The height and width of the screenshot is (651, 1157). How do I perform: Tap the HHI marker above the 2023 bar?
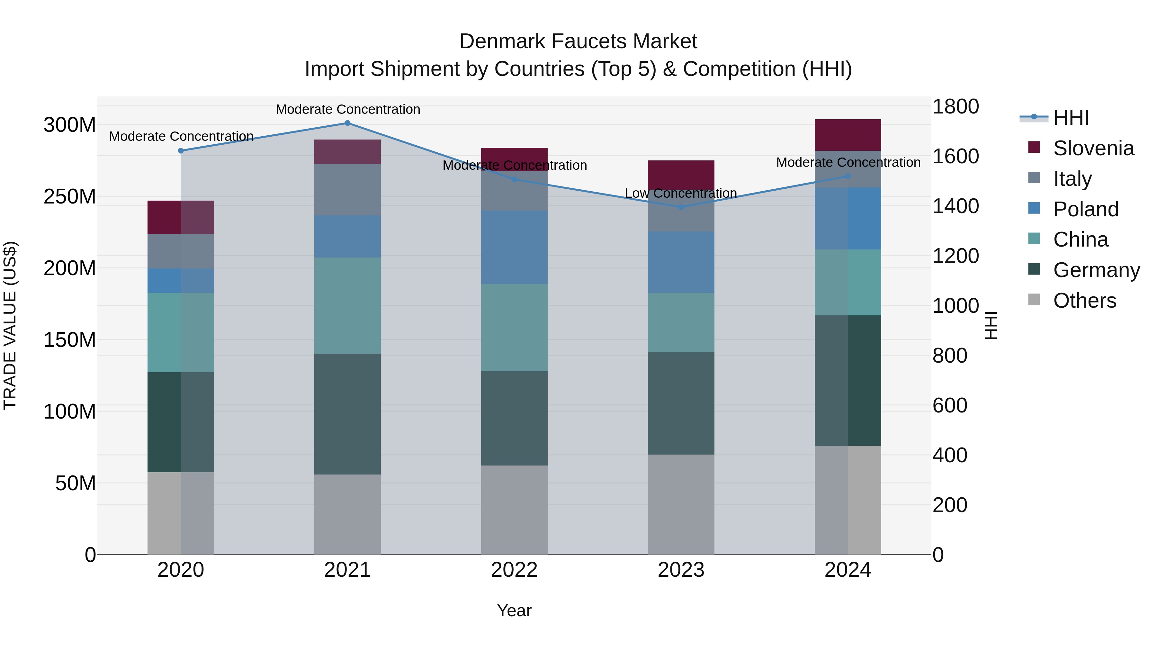(x=681, y=207)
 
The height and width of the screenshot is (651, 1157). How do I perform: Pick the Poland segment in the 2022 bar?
(x=514, y=247)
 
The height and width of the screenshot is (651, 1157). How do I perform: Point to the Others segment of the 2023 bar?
(x=681, y=504)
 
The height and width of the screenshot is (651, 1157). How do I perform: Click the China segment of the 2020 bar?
(x=181, y=332)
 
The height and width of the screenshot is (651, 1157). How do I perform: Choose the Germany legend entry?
(x=1096, y=270)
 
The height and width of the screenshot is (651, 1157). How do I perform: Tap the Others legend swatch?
(x=1034, y=300)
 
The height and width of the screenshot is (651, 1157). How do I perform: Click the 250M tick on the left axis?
(x=70, y=196)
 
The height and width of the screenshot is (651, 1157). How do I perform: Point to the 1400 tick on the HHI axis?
(x=956, y=206)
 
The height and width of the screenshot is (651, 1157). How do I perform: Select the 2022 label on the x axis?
(x=514, y=570)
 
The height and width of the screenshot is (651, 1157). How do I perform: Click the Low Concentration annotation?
(x=681, y=193)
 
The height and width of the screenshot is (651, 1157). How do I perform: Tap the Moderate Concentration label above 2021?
(x=348, y=109)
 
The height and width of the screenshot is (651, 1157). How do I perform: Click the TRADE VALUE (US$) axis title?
(x=10, y=325)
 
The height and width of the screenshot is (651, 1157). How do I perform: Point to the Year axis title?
(x=514, y=610)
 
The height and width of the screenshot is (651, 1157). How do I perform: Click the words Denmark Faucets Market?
(x=578, y=41)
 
